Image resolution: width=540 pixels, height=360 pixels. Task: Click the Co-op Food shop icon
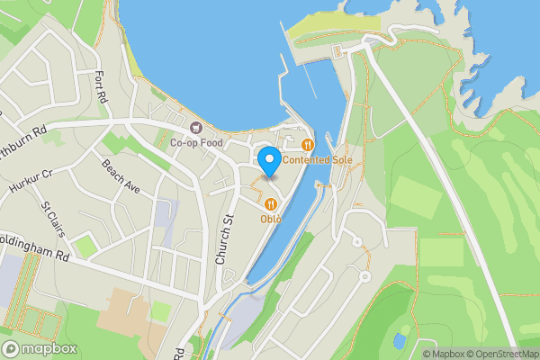point(197,126)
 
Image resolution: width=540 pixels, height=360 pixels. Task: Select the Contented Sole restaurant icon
point(308,144)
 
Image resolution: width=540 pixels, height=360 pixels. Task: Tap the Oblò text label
point(271,219)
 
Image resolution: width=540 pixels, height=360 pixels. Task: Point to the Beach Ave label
point(121,177)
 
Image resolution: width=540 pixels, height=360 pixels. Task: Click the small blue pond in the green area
point(399,341)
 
